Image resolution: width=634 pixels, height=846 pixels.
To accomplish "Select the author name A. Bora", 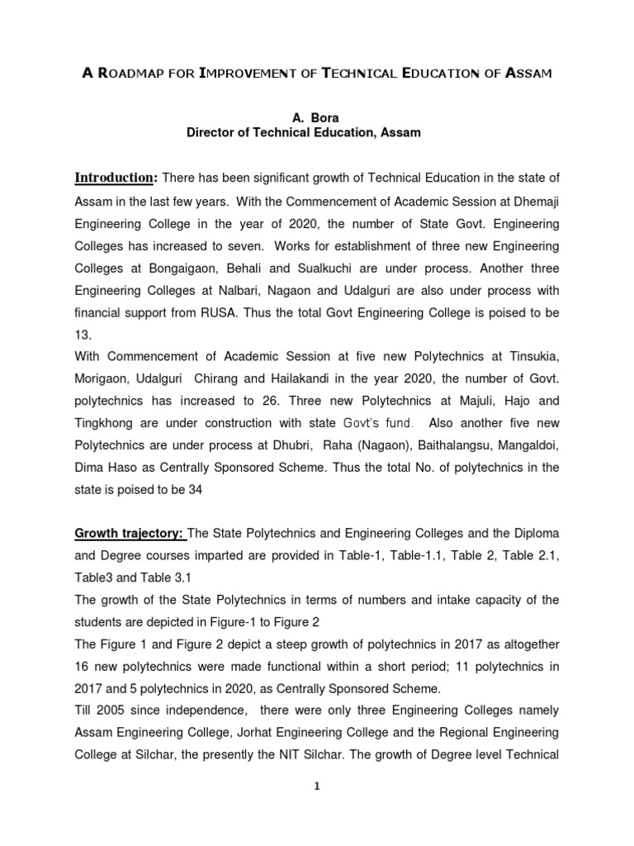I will click(x=316, y=118).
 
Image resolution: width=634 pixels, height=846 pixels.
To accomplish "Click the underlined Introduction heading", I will click(x=115, y=178).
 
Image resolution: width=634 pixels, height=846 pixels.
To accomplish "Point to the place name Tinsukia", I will click(x=528, y=356).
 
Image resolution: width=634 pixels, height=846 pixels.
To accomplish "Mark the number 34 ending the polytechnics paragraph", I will click(x=195, y=489).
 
